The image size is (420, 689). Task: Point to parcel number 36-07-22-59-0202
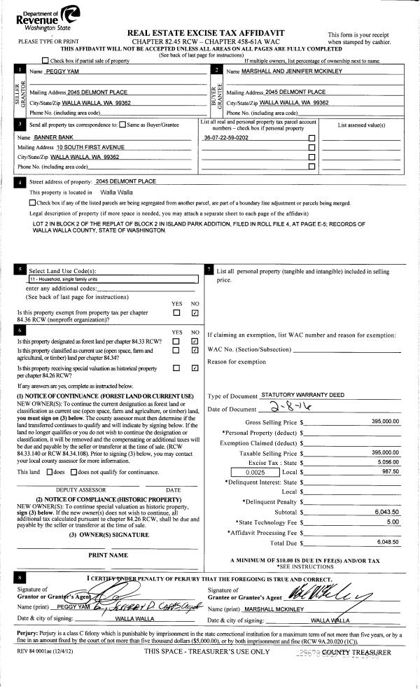pos(225,138)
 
